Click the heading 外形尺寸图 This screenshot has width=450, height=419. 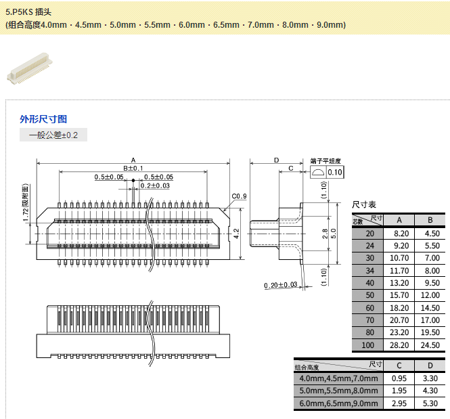tap(43, 119)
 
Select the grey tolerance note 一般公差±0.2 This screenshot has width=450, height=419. tap(53, 135)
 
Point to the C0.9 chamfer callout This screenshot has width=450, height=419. tap(239, 196)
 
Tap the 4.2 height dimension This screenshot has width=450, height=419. tap(236, 233)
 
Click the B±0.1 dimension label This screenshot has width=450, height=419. tap(133, 168)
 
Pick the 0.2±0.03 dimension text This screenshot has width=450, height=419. tap(155, 185)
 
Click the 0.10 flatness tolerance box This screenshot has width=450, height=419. tap(335, 173)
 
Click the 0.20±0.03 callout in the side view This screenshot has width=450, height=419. tap(280, 285)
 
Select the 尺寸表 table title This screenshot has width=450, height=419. tap(364, 204)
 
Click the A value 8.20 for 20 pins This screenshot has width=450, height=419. tap(400, 233)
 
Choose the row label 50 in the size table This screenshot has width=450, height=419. tap(369, 295)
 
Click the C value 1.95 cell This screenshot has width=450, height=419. tap(399, 391)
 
